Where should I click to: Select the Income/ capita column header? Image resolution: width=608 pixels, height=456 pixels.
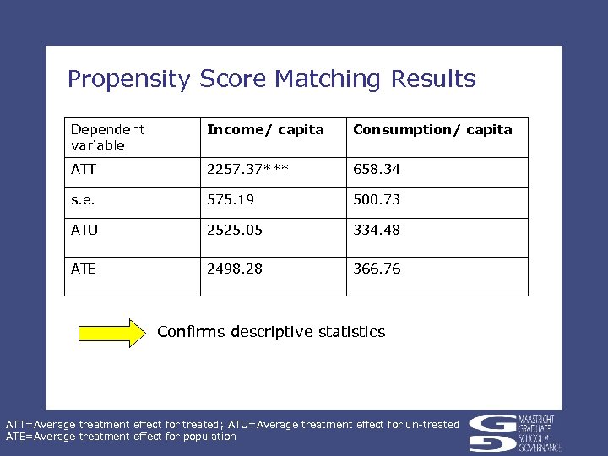pyautogui.click(x=265, y=129)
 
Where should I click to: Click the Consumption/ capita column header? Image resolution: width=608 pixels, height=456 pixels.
pyautogui.click(x=432, y=129)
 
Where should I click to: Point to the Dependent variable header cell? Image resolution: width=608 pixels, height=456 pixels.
pyautogui.click(x=108, y=137)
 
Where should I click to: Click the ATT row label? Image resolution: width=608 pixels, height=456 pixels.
pyautogui.click(x=84, y=169)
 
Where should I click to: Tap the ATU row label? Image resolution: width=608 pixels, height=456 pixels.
pyautogui.click(x=84, y=230)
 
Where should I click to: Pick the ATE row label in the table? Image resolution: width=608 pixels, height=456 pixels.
pyautogui.click(x=84, y=269)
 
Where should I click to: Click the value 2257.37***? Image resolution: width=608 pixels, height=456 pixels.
pyautogui.click(x=247, y=169)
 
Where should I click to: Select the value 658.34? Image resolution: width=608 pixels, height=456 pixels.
pyautogui.click(x=377, y=169)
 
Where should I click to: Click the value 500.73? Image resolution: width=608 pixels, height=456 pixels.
pyautogui.click(x=377, y=199)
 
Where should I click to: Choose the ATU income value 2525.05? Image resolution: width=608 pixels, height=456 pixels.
pyautogui.click(x=235, y=230)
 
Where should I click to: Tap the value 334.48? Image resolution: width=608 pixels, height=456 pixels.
pyautogui.click(x=377, y=230)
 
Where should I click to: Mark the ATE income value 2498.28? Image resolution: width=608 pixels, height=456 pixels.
pyautogui.click(x=235, y=269)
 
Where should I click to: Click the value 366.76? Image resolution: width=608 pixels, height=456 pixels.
pyautogui.click(x=377, y=269)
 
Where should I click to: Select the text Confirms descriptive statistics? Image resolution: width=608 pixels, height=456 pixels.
pyautogui.click(x=271, y=332)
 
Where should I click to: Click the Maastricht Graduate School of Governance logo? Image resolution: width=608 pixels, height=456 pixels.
pyautogui.click(x=514, y=431)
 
